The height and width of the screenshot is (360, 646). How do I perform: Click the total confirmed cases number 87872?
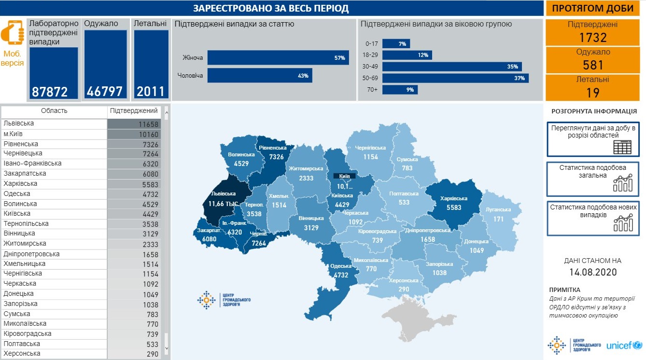pos(50,91)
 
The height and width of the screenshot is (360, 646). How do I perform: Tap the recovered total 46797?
pos(105,91)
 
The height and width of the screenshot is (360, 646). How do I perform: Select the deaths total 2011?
pos(150,91)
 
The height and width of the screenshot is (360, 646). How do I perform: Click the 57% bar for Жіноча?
pos(278,58)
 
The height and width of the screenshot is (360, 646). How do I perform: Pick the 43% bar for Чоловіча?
pos(260,75)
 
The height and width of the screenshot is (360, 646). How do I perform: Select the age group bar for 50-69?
pos(455,78)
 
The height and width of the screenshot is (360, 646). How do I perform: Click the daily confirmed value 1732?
pos(593,38)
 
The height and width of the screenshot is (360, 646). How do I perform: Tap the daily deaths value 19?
pos(593,92)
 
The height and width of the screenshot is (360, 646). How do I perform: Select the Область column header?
pos(54,111)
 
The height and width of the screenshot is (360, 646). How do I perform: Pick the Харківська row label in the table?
pos(20,184)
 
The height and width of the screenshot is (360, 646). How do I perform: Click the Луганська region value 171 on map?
pos(498,219)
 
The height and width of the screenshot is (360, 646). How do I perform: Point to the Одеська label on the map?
pos(341,266)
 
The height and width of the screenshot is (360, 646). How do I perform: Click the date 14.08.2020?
pos(592,272)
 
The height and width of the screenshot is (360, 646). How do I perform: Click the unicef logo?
pos(623,346)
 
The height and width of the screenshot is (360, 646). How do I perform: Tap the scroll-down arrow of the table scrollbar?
pos(167,347)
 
